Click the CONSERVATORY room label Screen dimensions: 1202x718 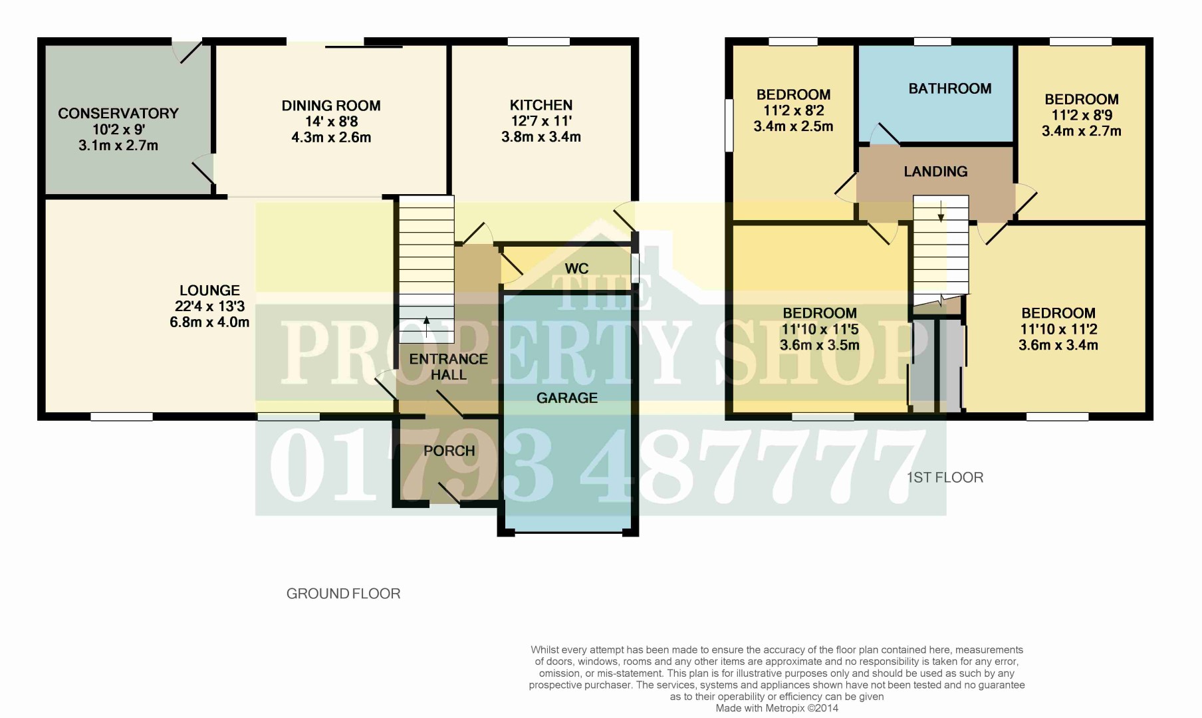tap(118, 114)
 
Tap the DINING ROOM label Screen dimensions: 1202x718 tap(331, 106)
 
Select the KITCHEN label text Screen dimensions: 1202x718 tap(541, 105)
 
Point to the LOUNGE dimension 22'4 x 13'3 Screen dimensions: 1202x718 tap(209, 306)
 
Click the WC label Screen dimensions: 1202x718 tap(576, 269)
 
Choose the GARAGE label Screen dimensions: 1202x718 tap(567, 398)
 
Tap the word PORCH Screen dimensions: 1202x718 tap(449, 451)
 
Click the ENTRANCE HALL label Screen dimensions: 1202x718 tap(449, 367)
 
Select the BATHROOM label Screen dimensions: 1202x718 tap(950, 88)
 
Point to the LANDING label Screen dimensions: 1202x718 tap(935, 172)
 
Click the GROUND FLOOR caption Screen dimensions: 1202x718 tap(343, 594)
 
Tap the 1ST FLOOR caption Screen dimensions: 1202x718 tap(945, 477)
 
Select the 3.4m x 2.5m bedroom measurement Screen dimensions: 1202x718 tap(793, 126)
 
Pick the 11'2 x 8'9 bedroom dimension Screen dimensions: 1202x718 tap(1082, 115)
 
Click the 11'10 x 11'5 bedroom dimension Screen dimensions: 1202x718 tap(820, 329)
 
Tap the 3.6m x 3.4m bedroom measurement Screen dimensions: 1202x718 tap(1058, 345)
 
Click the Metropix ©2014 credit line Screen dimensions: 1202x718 tap(777, 709)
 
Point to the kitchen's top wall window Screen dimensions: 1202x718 tap(539, 41)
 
